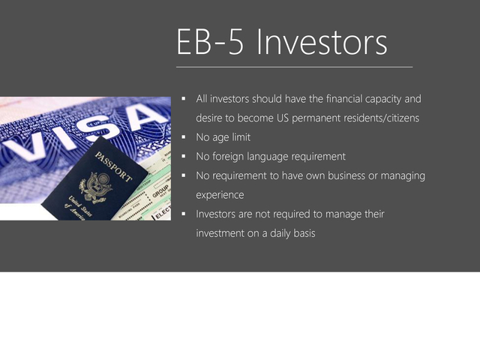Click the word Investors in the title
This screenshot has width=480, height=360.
point(322,42)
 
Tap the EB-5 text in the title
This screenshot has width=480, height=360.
point(210,42)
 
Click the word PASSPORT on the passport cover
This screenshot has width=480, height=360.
point(113,166)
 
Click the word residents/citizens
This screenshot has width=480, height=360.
point(355,118)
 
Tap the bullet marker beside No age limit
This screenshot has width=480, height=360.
point(184,137)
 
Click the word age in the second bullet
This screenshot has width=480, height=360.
point(220,138)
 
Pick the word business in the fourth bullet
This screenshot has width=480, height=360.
point(346,175)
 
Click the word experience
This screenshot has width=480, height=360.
point(220,195)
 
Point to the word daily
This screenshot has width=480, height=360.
point(280,233)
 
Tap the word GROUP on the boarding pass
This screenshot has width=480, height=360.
point(160,191)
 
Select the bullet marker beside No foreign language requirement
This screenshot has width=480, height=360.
point(184,157)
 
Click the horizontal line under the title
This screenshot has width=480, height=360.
point(295,67)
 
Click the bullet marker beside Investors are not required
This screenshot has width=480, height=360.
point(184,214)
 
